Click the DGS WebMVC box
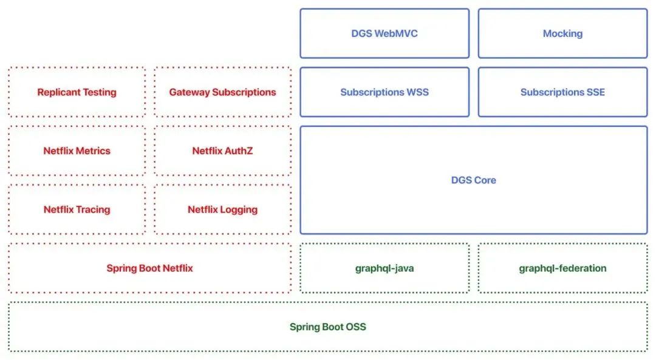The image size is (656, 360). pos(384,33)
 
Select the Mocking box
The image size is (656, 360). pos(562,33)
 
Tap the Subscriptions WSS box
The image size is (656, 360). pos(384,92)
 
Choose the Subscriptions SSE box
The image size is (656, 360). pos(562,92)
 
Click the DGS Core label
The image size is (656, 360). pos(473,180)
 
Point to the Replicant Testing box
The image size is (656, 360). pos(77,92)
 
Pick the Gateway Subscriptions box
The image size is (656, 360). pos(222,92)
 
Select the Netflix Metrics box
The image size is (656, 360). pos(77,151)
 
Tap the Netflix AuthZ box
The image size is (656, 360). pos(222,151)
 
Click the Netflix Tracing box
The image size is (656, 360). pos(77,209)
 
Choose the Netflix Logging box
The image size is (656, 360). pos(222,209)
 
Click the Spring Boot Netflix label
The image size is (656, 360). pos(149,268)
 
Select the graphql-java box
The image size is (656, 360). pos(384,268)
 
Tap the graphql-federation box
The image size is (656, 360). pos(562,268)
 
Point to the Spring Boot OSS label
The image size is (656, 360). pos(327,327)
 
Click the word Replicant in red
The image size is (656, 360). pos(59,92)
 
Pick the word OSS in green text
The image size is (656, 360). pos(355,327)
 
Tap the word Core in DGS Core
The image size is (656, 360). pos(485,180)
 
